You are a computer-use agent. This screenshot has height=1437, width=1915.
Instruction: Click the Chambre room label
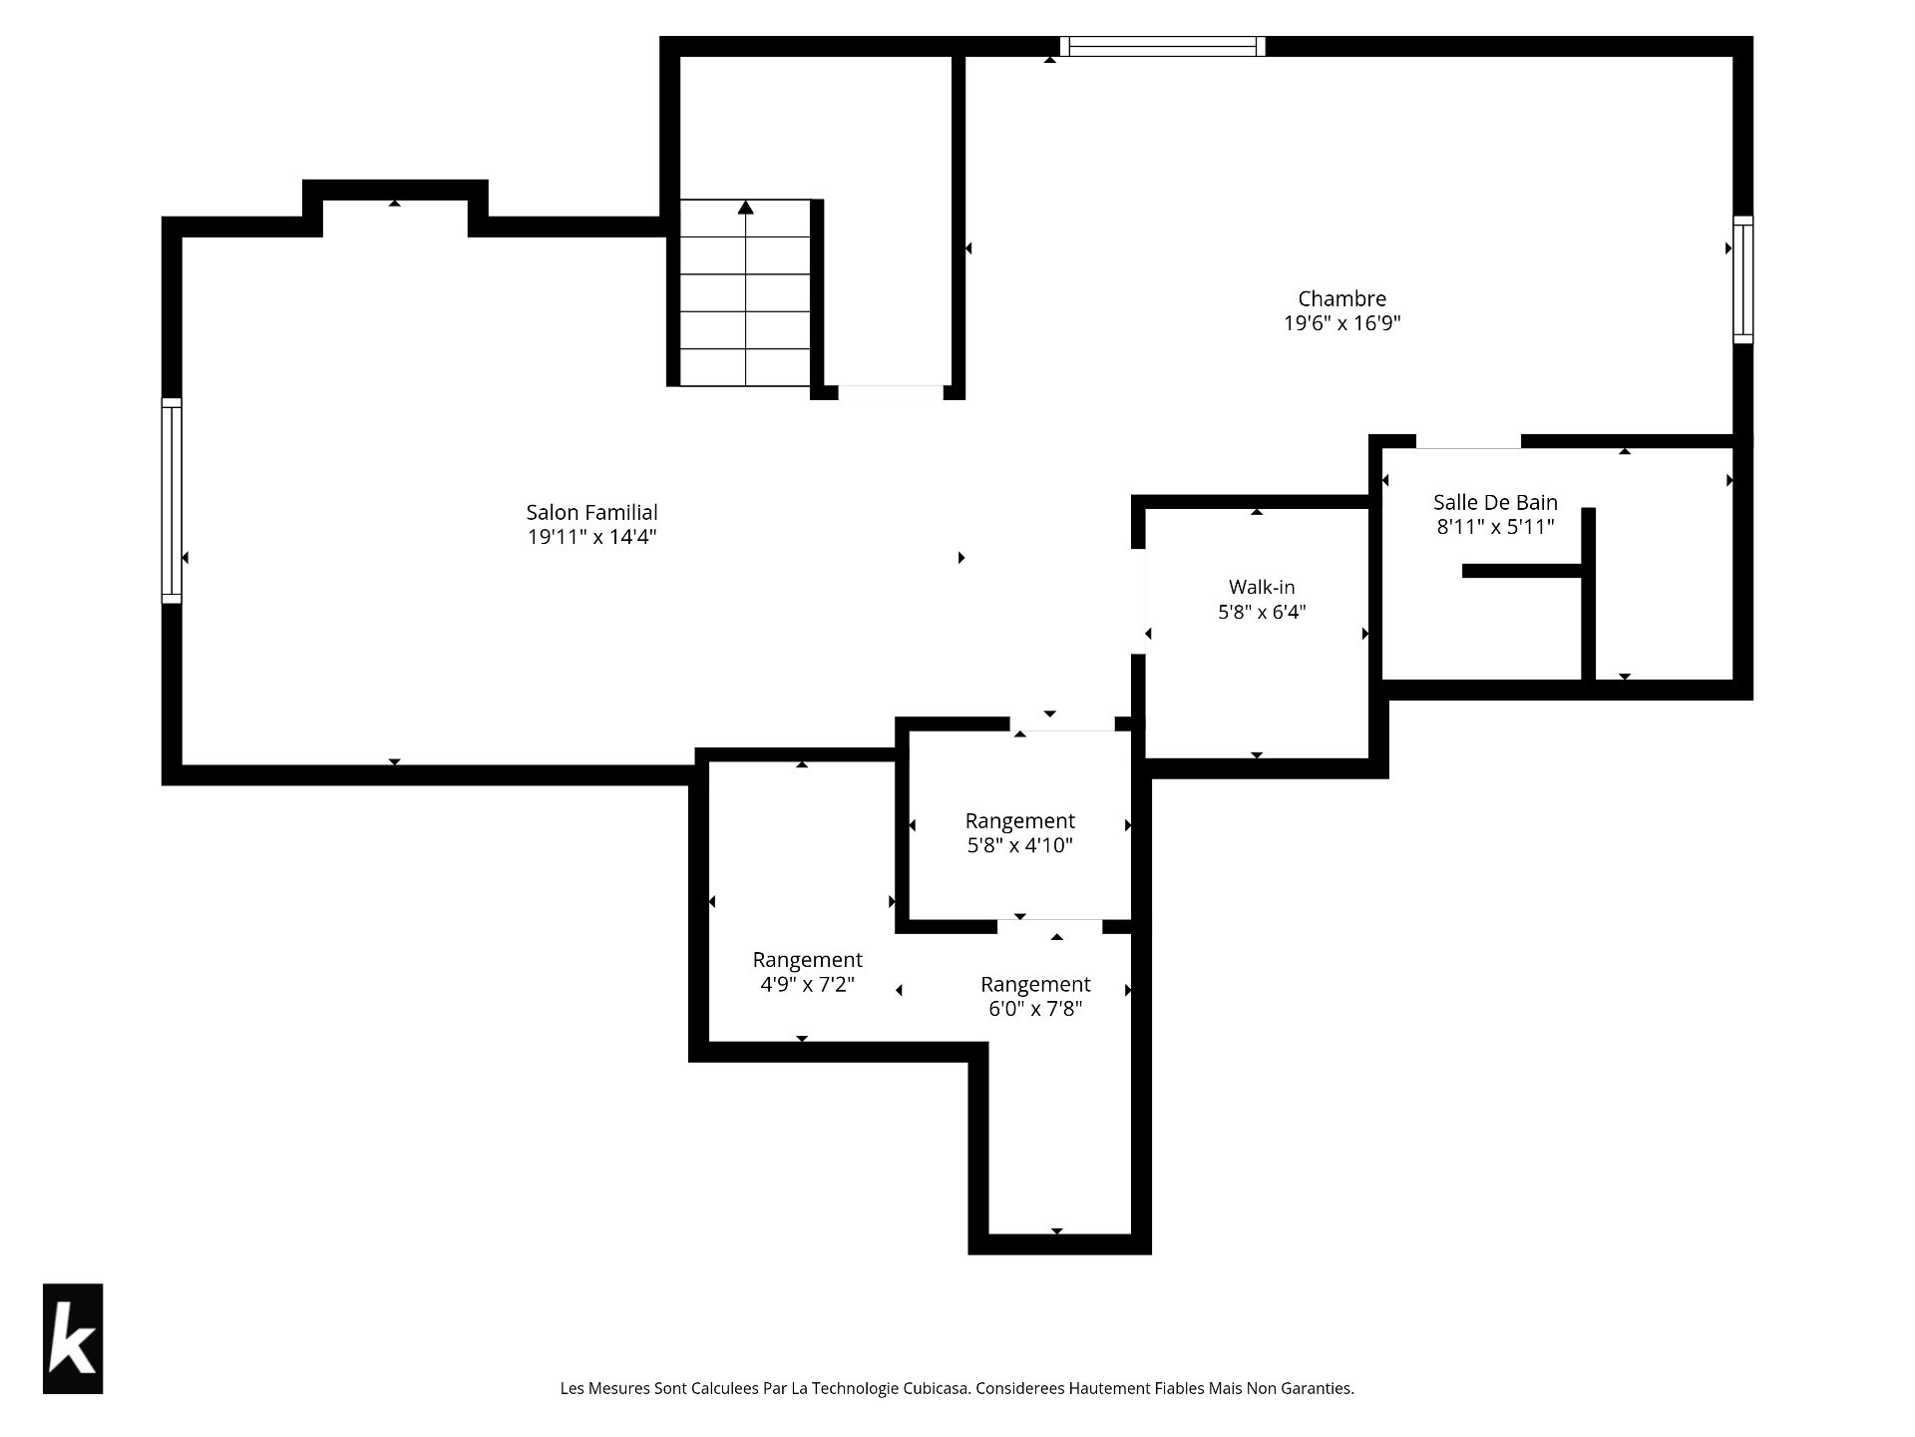tap(1341, 298)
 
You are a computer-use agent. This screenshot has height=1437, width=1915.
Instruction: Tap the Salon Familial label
tap(591, 512)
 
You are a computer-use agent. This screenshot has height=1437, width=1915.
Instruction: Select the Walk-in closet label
tap(1262, 587)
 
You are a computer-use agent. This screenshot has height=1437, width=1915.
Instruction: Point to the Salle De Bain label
tap(1495, 502)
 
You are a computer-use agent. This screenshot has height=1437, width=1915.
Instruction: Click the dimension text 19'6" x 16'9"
tap(1341, 323)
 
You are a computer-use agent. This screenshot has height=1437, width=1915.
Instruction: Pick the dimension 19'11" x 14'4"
tap(591, 537)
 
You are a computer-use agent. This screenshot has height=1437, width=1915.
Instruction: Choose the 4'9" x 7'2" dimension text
tap(807, 985)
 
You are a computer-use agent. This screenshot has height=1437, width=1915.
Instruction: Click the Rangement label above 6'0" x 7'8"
tap(1035, 985)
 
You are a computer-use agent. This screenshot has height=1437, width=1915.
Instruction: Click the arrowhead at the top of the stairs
tap(745, 207)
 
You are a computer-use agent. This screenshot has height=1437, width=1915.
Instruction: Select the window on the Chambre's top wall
tap(1162, 46)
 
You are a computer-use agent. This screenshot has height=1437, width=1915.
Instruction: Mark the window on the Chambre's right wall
tap(1742, 279)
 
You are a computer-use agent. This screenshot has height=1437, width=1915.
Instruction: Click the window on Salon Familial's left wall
tap(172, 501)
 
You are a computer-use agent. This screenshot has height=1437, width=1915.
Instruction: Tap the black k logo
tap(73, 1338)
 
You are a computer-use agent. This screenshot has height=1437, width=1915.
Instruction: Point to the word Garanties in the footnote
tap(1318, 1388)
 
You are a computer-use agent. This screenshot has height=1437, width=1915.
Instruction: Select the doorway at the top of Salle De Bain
tap(1468, 442)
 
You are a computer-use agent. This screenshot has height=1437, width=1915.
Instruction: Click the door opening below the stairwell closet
tap(890, 393)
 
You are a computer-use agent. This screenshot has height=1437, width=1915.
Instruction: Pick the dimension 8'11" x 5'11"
tap(1495, 527)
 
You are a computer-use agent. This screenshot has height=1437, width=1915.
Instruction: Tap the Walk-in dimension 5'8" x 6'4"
tap(1262, 612)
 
